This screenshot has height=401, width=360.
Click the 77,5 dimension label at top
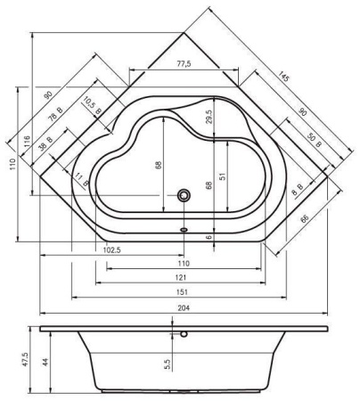(x=184, y=63)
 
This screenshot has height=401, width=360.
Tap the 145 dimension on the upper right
(x=283, y=77)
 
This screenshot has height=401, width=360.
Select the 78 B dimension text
(x=55, y=115)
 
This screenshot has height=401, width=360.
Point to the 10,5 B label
(x=92, y=106)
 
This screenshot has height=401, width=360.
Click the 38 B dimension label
(x=45, y=143)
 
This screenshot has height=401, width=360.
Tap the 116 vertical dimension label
(x=27, y=142)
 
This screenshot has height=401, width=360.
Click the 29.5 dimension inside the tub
(x=209, y=117)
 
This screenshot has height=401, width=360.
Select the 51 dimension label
(x=224, y=176)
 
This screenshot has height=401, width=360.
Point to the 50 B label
(x=314, y=141)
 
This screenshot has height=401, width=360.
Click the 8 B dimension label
(x=298, y=189)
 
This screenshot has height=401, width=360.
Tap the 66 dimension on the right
(x=305, y=219)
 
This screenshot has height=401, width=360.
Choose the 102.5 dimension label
(x=112, y=250)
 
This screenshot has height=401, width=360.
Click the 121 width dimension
(x=181, y=277)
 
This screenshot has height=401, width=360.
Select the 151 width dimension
(x=182, y=292)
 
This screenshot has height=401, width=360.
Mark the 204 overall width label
(x=184, y=308)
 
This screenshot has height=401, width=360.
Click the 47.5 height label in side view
(x=25, y=359)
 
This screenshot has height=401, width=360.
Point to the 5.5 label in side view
(x=168, y=364)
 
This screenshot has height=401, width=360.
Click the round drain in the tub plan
(x=184, y=195)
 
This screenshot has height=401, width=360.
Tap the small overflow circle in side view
(x=184, y=334)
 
